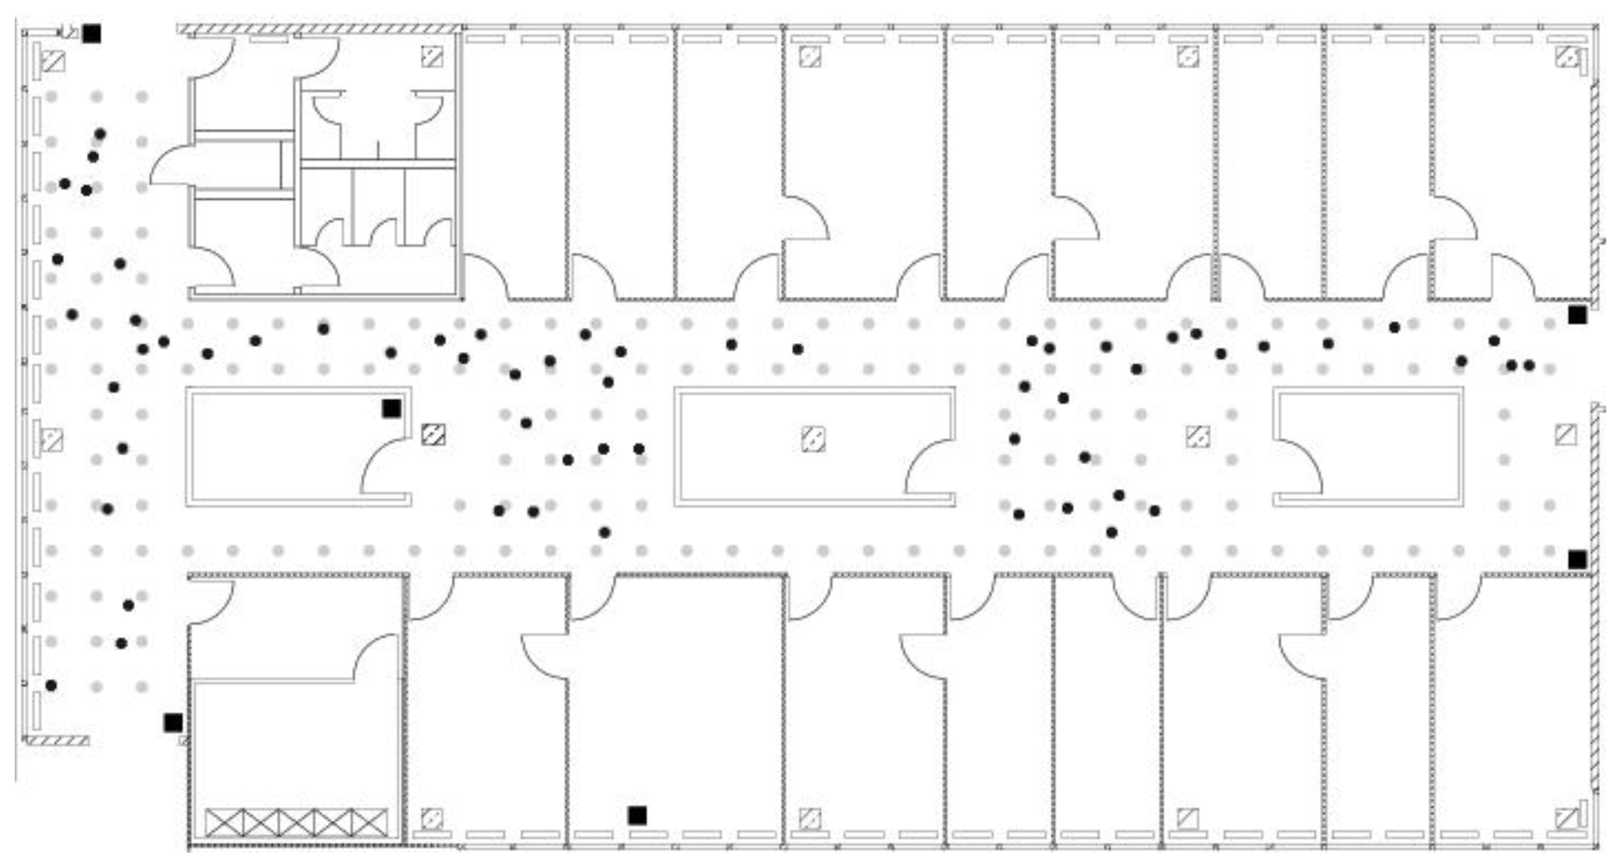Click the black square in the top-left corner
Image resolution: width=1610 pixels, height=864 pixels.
tap(91, 33)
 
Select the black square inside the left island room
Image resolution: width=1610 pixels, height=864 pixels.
tap(391, 408)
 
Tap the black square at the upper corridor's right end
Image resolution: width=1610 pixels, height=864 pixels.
tap(1577, 315)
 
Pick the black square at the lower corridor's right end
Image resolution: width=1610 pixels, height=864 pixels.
tap(1577, 560)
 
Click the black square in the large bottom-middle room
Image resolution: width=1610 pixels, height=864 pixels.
tap(637, 815)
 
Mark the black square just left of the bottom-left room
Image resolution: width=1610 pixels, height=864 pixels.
tap(173, 723)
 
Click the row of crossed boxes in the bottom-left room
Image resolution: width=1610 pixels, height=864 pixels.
tap(296, 822)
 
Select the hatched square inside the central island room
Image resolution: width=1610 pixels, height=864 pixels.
tap(813, 439)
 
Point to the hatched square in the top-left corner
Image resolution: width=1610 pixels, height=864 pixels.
tap(53, 61)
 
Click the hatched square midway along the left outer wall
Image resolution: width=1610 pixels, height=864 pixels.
tap(52, 440)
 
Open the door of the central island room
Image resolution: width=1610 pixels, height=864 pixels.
tap(928, 466)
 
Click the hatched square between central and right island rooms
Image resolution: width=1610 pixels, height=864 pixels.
tap(1197, 436)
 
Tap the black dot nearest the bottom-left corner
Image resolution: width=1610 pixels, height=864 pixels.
tap(51, 686)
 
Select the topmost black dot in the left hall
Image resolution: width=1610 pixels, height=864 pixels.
tap(100, 134)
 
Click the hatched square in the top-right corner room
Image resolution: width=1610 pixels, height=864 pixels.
tap(1566, 57)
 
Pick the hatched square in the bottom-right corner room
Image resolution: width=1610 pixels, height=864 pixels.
tap(1566, 818)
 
